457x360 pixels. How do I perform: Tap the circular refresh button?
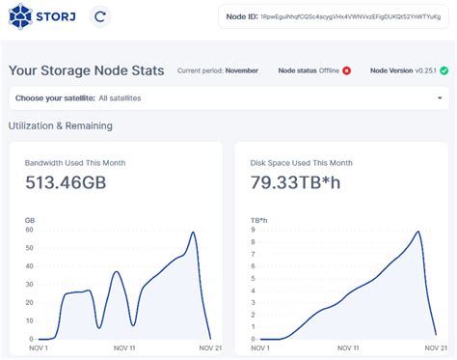click(100, 16)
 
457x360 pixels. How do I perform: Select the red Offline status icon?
click(346, 70)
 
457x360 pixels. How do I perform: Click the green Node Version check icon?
click(444, 70)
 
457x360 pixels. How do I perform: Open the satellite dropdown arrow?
click(440, 97)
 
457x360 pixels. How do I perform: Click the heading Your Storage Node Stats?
click(87, 70)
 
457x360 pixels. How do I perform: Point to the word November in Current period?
click(242, 70)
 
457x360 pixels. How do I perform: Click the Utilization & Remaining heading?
click(61, 125)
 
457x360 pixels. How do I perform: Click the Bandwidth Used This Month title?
click(75, 162)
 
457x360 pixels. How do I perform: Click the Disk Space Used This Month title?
click(301, 162)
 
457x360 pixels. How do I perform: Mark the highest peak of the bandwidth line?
click(194, 233)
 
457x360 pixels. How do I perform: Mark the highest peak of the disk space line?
click(417, 232)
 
